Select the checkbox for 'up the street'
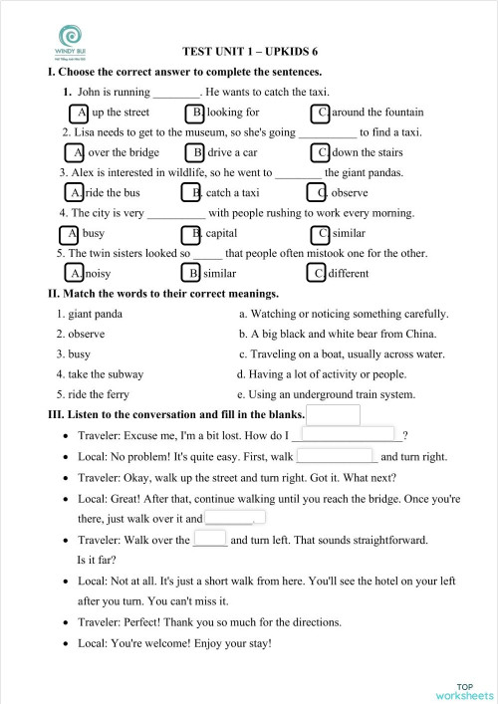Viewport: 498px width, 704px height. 79,113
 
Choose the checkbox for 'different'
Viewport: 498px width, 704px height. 316,273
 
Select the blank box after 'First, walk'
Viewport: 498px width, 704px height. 336,456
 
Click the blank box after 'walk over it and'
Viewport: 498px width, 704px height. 235,518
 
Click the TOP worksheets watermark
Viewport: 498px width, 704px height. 464,690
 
